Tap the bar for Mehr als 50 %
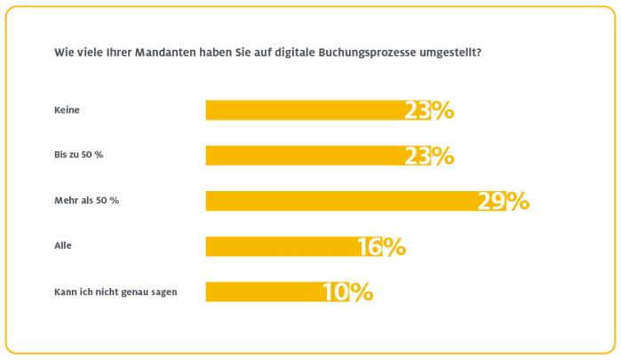pos(342,201)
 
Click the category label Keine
pos(68,110)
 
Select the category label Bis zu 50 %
pos(80,156)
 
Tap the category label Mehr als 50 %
pos(86,201)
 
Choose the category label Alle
pos(64,246)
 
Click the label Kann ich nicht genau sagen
pos(109,292)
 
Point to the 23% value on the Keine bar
pos(430,110)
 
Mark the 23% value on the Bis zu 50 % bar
pos(430,156)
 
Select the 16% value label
pos(382,246)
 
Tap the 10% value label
pos(348,292)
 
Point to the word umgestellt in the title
pos(452,52)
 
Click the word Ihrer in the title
pos(125,52)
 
